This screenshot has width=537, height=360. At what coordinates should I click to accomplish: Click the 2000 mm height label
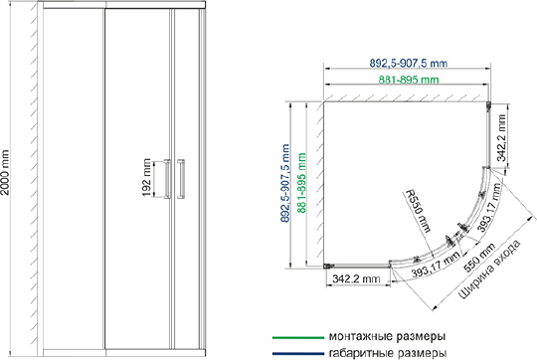click(5, 172)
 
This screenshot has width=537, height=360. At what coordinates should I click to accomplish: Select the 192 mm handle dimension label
click(146, 177)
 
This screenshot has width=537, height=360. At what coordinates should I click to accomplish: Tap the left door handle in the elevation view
click(167, 178)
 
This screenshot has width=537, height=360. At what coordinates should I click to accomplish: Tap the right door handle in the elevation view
click(181, 178)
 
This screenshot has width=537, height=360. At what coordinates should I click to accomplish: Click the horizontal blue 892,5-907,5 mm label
click(409, 63)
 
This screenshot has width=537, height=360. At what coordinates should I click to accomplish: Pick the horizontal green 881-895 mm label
click(409, 80)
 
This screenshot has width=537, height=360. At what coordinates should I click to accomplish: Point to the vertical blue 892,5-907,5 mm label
click(285, 183)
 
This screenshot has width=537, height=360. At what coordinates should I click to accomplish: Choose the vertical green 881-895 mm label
click(301, 183)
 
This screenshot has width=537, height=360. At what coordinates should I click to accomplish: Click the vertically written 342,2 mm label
click(501, 137)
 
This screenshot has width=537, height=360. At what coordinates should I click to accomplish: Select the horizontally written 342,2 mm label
click(356, 278)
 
